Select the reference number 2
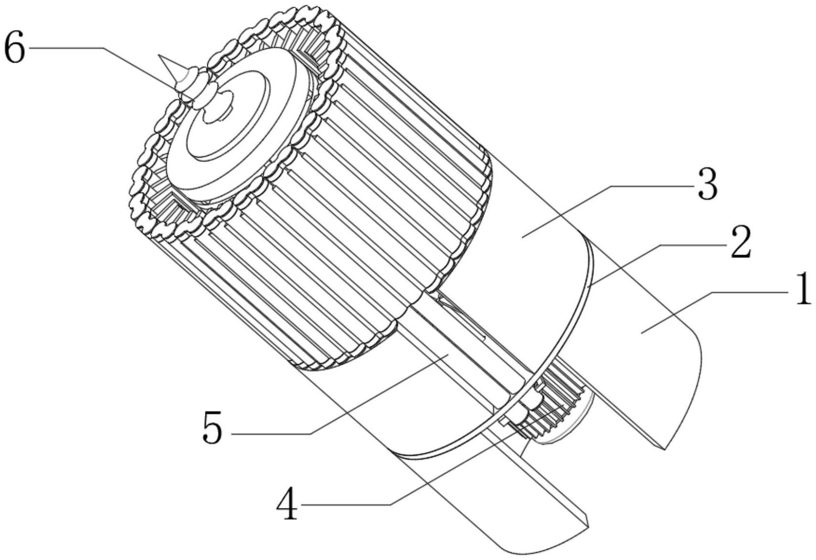pos(741,243)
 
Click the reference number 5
pos(213,427)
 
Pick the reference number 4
pos(287,505)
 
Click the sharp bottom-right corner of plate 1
pos(664,449)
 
